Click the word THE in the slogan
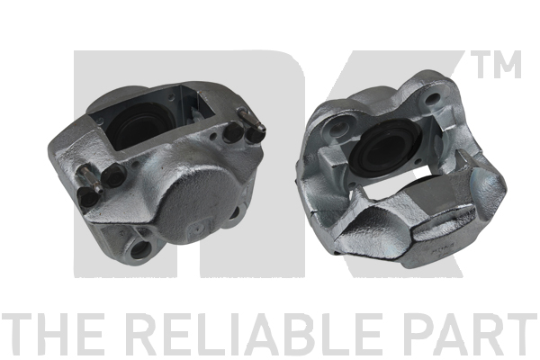(x=53, y=335)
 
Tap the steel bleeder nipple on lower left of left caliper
(x=91, y=178)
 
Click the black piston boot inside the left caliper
(x=140, y=126)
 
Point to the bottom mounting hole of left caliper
(x=141, y=247)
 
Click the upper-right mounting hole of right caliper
(x=433, y=98)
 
